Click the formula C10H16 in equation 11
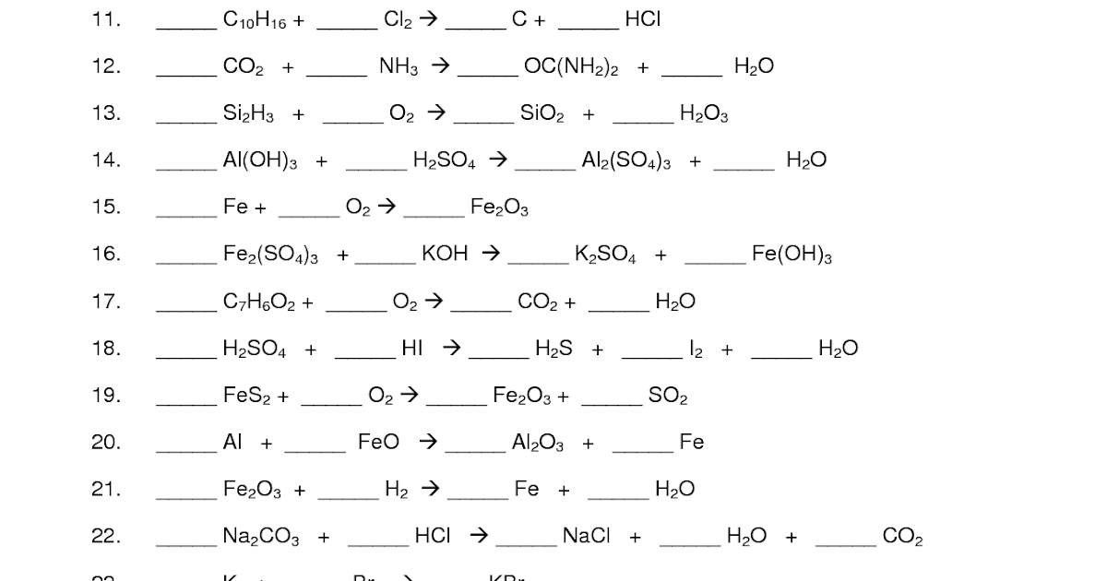[256, 20]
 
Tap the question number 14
[106, 160]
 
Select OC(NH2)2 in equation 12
[571, 66]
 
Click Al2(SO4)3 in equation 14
[626, 161]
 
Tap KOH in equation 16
[445, 254]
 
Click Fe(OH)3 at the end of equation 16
[792, 255]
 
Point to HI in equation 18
[411, 349]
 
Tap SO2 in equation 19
[668, 397]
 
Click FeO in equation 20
[378, 443]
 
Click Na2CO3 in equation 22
[261, 537]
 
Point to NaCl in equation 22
[587, 536]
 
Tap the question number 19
[106, 396]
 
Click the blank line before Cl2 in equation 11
[347, 29]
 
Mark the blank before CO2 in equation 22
[846, 545]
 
